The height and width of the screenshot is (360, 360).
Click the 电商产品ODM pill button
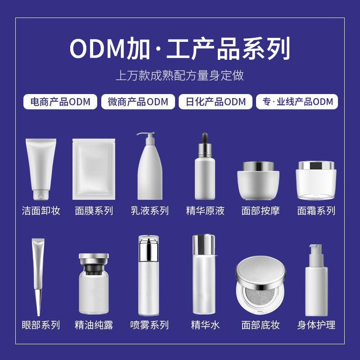pyautogui.click(x=60, y=102)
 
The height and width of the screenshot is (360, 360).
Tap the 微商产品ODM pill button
pyautogui.click(x=138, y=102)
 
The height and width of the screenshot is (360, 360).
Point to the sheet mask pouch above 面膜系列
pyautogui.click(x=94, y=169)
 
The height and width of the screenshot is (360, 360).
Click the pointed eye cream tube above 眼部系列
pyautogui.click(x=38, y=274)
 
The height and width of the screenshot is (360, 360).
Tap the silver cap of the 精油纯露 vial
pyautogui.click(x=94, y=258)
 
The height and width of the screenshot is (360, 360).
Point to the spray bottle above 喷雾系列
pyautogui.click(x=148, y=274)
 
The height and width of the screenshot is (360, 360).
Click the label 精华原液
pyautogui.click(x=205, y=211)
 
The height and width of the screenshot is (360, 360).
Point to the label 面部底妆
pyautogui.click(x=261, y=325)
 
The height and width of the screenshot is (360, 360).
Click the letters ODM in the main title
pyautogui.click(x=96, y=49)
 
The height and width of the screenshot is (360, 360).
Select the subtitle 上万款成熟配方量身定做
pyautogui.click(x=180, y=75)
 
